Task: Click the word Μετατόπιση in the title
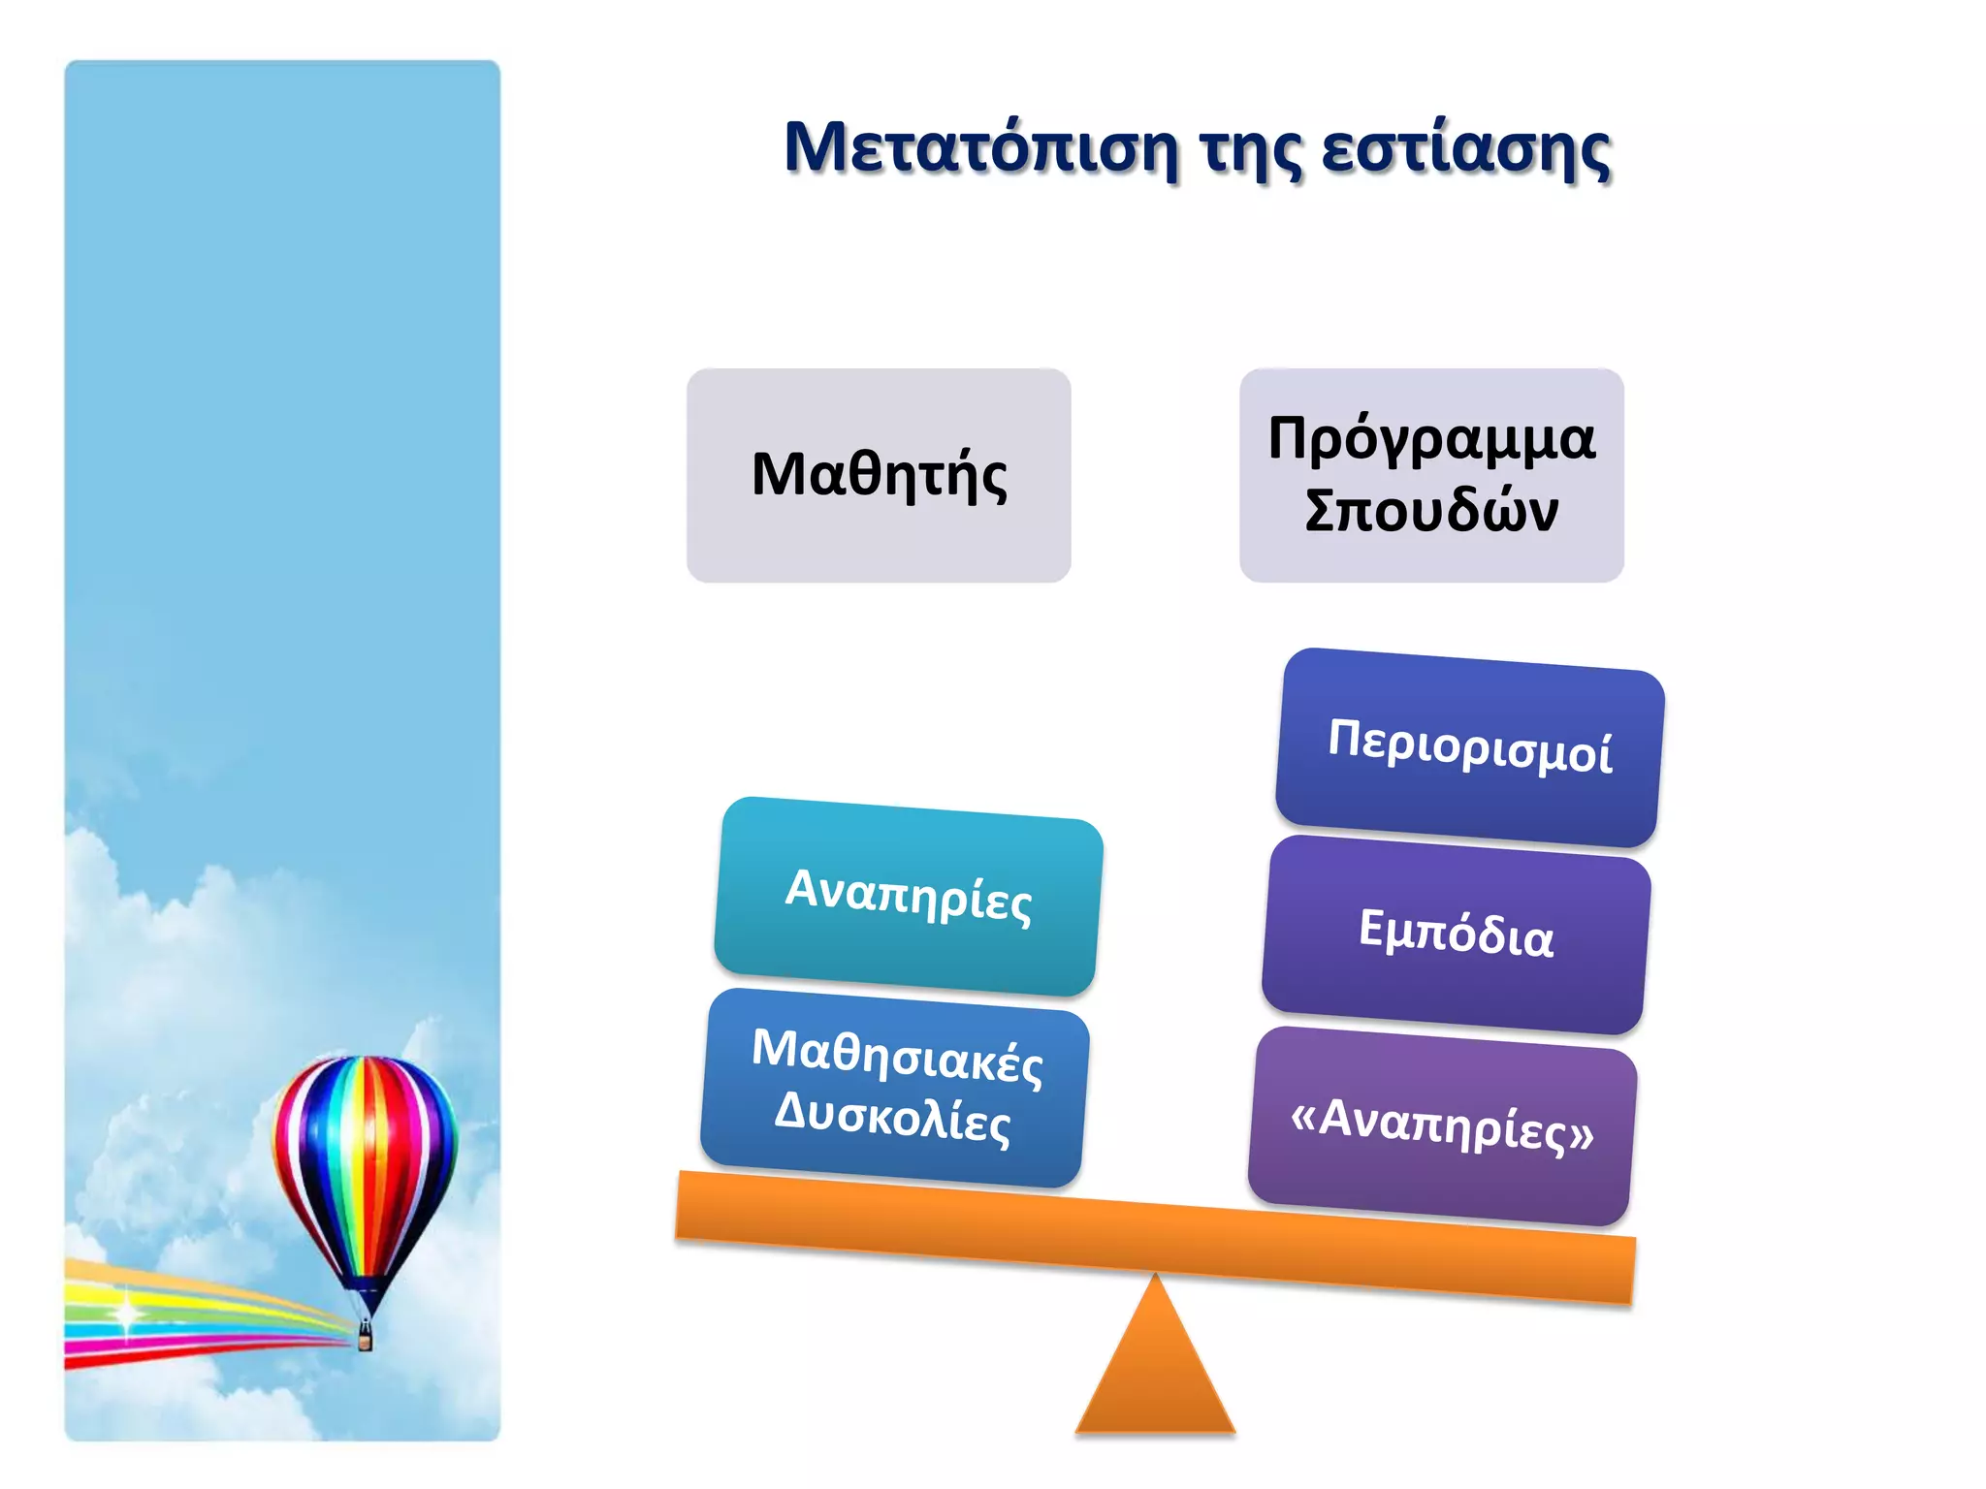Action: (x=979, y=148)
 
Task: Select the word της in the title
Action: (x=1250, y=151)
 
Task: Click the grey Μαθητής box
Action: (x=879, y=475)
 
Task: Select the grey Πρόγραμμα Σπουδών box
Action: (x=1431, y=475)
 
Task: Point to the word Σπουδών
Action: (x=1431, y=511)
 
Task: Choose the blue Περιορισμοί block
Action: (x=1469, y=747)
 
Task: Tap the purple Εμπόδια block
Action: (x=1456, y=935)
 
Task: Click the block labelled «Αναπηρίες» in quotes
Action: (x=1442, y=1125)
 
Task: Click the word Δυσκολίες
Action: (x=892, y=1118)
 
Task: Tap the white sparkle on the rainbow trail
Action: (x=127, y=1314)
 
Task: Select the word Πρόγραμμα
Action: (x=1431, y=439)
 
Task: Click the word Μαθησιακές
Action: (x=897, y=1056)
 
